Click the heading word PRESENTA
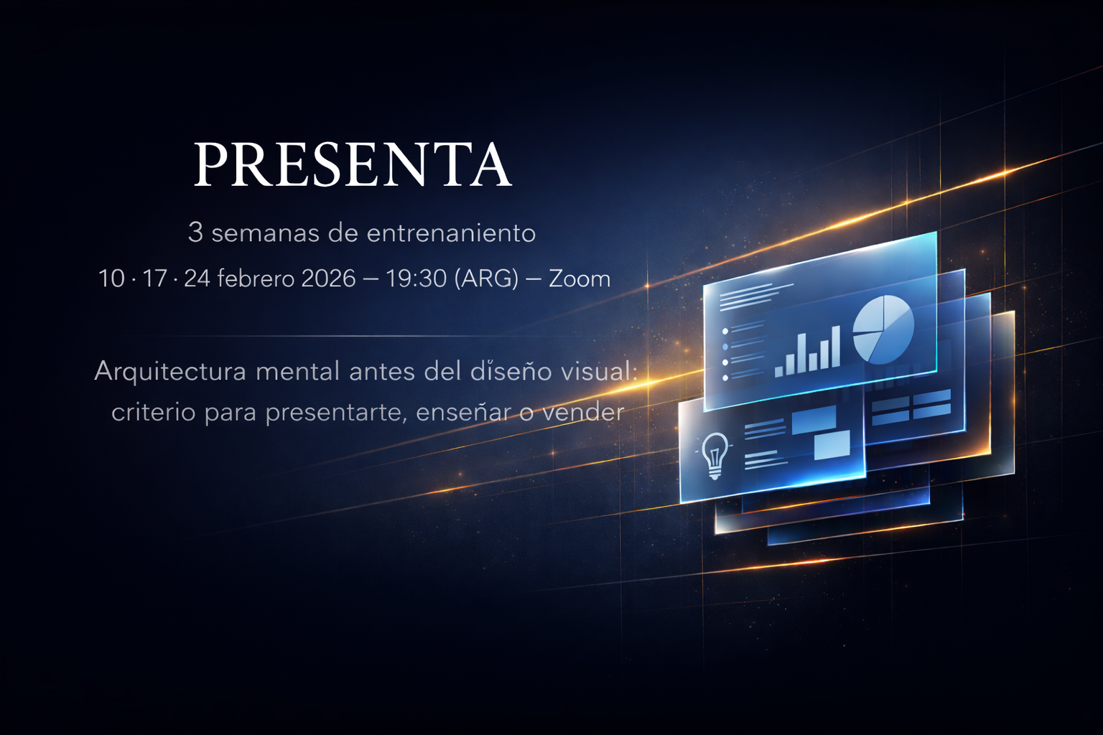[x=352, y=164]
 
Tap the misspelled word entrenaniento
[x=451, y=233]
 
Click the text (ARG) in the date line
[x=486, y=278]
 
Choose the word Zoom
[x=580, y=278]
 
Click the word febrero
[x=255, y=278]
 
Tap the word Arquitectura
[x=170, y=372]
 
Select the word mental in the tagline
[x=297, y=372]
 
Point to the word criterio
[x=153, y=412]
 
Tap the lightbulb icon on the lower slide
[x=714, y=454]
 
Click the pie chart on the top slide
[x=883, y=329]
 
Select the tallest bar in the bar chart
[x=835, y=346]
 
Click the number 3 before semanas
[x=195, y=233]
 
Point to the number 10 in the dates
[x=111, y=278]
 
